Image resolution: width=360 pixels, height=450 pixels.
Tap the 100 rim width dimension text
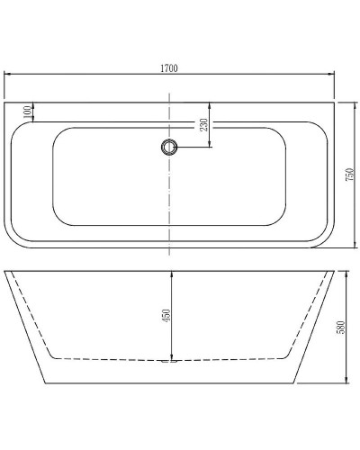[28, 111]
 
